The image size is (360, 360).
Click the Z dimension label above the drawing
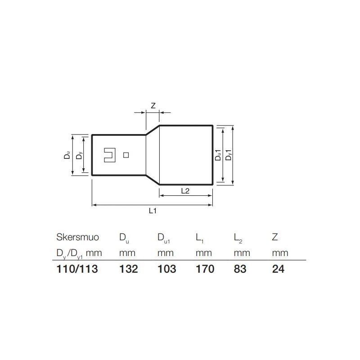[x=153, y=106]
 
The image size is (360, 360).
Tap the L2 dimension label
[x=185, y=191]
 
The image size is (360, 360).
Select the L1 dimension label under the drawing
[x=153, y=211]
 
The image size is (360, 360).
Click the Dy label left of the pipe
[x=79, y=156]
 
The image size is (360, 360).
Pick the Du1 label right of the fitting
[x=218, y=155]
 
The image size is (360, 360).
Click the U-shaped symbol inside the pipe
[x=109, y=155]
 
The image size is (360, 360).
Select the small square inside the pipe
[x=126, y=155]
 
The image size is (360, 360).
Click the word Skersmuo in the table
[x=77, y=237]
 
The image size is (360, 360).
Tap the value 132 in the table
[x=128, y=269]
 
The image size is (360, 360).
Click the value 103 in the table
[x=166, y=269]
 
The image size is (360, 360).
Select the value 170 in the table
[x=205, y=269]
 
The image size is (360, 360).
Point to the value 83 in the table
[x=240, y=269]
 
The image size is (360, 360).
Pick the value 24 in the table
[x=279, y=269]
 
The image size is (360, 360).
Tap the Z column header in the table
[x=275, y=237]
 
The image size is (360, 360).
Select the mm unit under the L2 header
[x=242, y=253]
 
